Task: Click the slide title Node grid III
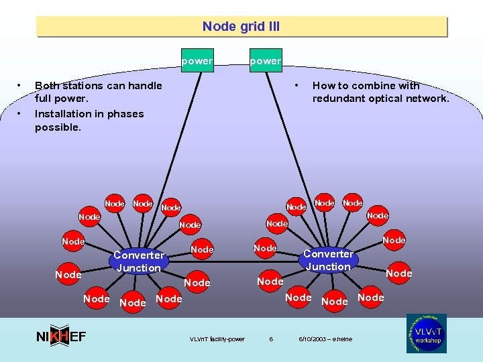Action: coord(241,27)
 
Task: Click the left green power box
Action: coord(197,60)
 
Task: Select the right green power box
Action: coord(266,60)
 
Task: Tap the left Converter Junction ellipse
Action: coord(138,261)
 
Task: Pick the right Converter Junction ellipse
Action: coord(328,260)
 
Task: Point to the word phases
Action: coord(125,113)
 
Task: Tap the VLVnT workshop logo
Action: coord(426,333)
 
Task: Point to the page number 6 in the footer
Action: coord(271,339)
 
